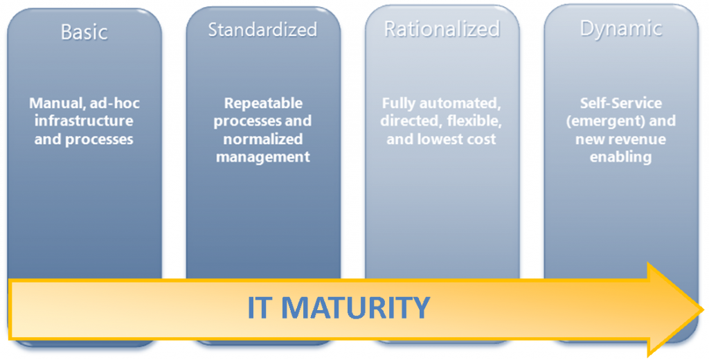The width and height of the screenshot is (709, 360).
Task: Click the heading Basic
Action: [x=84, y=32]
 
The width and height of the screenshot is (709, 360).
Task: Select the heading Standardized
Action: [x=262, y=29]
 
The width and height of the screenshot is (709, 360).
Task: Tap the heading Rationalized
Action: [x=442, y=29]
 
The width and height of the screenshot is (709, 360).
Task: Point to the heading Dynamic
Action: [x=621, y=29]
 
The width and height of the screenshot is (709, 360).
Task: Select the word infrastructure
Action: [x=84, y=120]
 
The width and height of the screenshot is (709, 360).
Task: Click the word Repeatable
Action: [x=263, y=103]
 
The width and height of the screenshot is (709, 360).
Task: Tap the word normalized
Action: [x=262, y=139]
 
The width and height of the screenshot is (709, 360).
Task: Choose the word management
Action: [x=262, y=157]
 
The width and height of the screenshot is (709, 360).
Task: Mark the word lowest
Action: [x=444, y=139]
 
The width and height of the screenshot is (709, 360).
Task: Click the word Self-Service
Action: [x=621, y=103]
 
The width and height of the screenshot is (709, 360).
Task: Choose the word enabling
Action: [x=620, y=157]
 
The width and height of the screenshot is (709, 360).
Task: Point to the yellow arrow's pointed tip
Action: [x=703, y=309]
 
